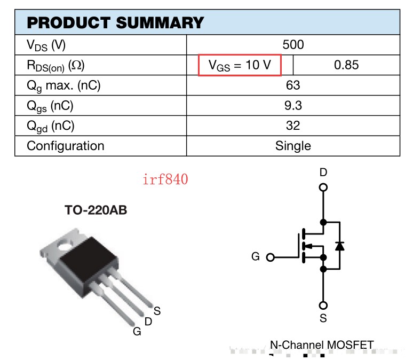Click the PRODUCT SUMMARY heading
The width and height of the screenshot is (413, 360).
coord(115,22)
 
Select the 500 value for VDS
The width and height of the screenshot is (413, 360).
coord(293,44)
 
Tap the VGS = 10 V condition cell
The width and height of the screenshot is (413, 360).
coord(240,65)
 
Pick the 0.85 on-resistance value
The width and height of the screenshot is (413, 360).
coord(346,65)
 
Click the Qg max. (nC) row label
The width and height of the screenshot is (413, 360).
coord(63,85)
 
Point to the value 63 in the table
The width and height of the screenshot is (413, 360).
coord(293,85)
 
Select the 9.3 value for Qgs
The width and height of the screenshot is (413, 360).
coord(293,106)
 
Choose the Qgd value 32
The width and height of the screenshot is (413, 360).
coord(293,126)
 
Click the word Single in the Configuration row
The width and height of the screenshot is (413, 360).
coord(293,146)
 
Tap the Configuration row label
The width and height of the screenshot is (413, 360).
coord(66,146)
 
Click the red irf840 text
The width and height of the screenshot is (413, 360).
coord(165,179)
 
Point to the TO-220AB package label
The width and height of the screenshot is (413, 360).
coord(96,210)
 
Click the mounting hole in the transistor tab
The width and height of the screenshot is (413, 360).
coord(65,245)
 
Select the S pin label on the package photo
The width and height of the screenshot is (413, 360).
coord(157,311)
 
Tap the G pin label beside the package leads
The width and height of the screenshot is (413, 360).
coord(137,332)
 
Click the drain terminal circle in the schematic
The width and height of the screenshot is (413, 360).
coord(323,187)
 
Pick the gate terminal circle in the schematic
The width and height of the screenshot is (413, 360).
coord(271,257)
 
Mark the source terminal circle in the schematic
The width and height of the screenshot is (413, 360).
coord(323,306)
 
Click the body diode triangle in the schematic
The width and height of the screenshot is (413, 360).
coord(340,246)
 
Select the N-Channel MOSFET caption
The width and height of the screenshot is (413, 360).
coord(322,345)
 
